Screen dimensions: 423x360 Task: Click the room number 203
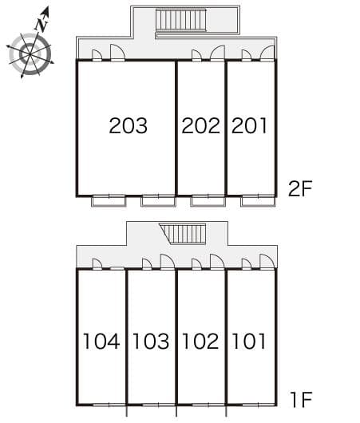129,125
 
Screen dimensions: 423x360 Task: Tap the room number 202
200,125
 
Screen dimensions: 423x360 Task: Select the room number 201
250,125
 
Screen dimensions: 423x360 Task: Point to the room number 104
101,342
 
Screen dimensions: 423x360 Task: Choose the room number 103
151,342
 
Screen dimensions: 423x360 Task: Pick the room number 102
200,342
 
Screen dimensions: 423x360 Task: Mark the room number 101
249,342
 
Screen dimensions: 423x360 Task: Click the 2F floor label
301,188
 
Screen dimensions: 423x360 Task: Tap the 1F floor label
300,397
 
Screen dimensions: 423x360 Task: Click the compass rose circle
30,53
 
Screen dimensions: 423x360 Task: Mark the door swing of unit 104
97,263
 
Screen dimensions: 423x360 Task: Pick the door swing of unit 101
267,261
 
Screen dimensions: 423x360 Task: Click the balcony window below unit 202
208,200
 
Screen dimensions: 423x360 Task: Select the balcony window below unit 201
257,200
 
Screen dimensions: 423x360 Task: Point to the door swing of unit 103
167,261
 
